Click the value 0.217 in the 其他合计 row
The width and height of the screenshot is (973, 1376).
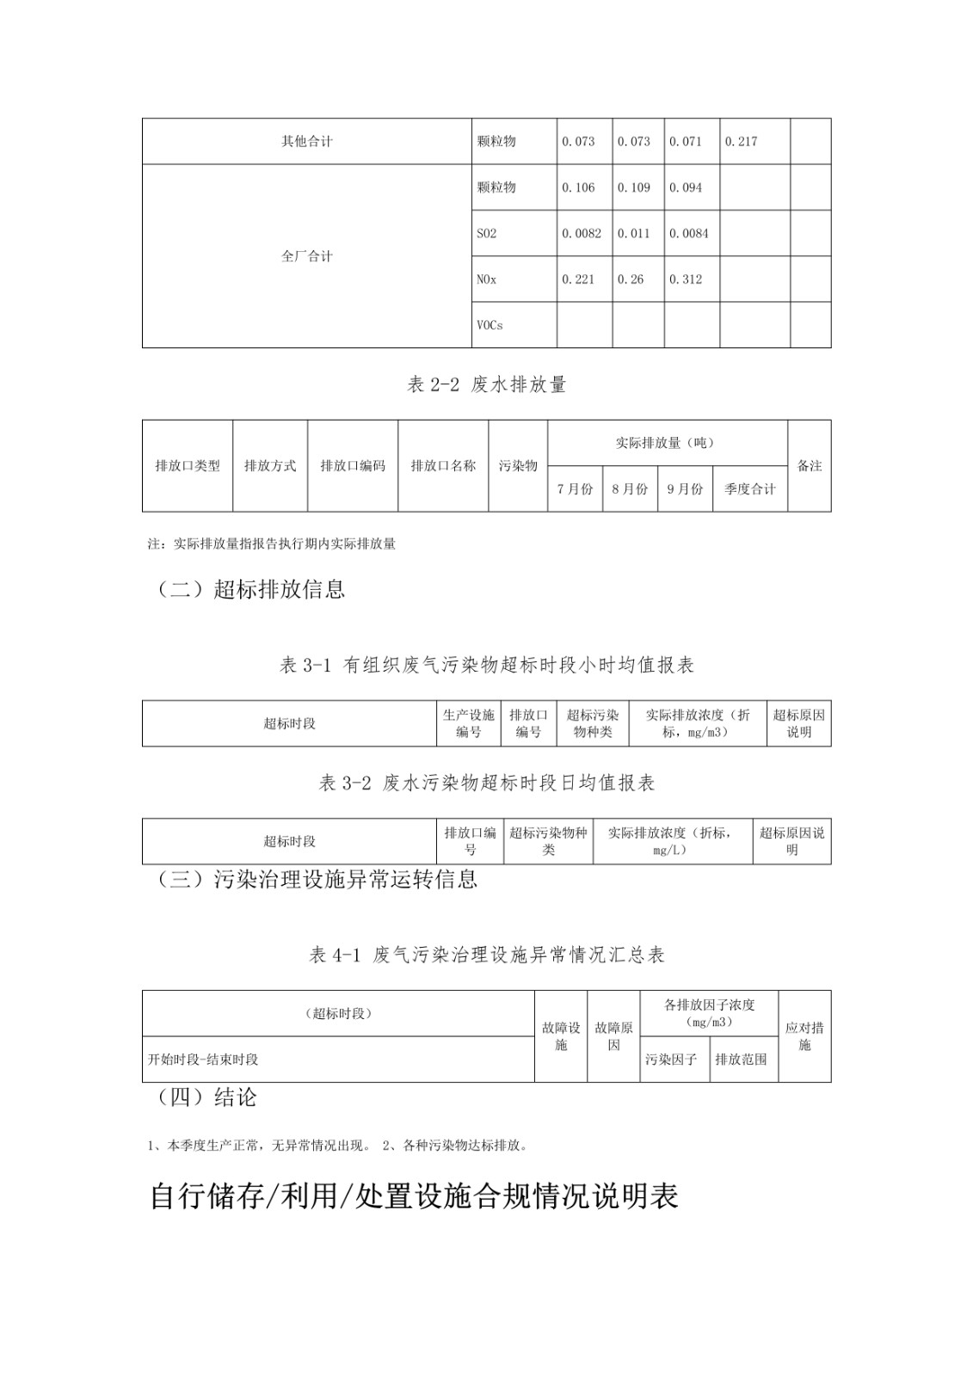(x=741, y=141)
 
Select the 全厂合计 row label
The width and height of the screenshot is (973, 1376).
(x=306, y=256)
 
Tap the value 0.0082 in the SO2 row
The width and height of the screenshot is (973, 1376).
(x=582, y=233)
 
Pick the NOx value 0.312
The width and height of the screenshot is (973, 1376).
(x=686, y=279)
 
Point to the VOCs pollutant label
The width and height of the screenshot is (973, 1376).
(x=490, y=325)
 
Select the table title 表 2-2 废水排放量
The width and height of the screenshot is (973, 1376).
(x=486, y=384)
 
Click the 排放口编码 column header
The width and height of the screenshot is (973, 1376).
(x=353, y=465)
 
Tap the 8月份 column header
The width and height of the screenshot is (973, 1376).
(x=630, y=488)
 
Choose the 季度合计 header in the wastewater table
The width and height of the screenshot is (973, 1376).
(x=749, y=488)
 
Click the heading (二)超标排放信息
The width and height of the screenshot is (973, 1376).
(x=251, y=589)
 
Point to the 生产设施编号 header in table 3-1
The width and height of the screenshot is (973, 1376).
(x=469, y=723)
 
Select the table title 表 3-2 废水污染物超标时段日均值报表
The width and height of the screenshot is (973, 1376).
(x=486, y=783)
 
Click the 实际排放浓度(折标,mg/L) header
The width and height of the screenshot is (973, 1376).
(x=672, y=841)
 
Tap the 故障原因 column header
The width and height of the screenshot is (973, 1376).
(x=613, y=1036)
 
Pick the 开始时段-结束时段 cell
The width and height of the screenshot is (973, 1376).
(x=203, y=1060)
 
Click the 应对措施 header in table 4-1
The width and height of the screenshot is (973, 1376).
(x=804, y=1036)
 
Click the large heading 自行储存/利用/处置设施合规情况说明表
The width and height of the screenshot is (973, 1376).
(x=414, y=1196)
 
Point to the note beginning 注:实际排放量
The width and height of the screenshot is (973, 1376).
(x=272, y=544)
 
